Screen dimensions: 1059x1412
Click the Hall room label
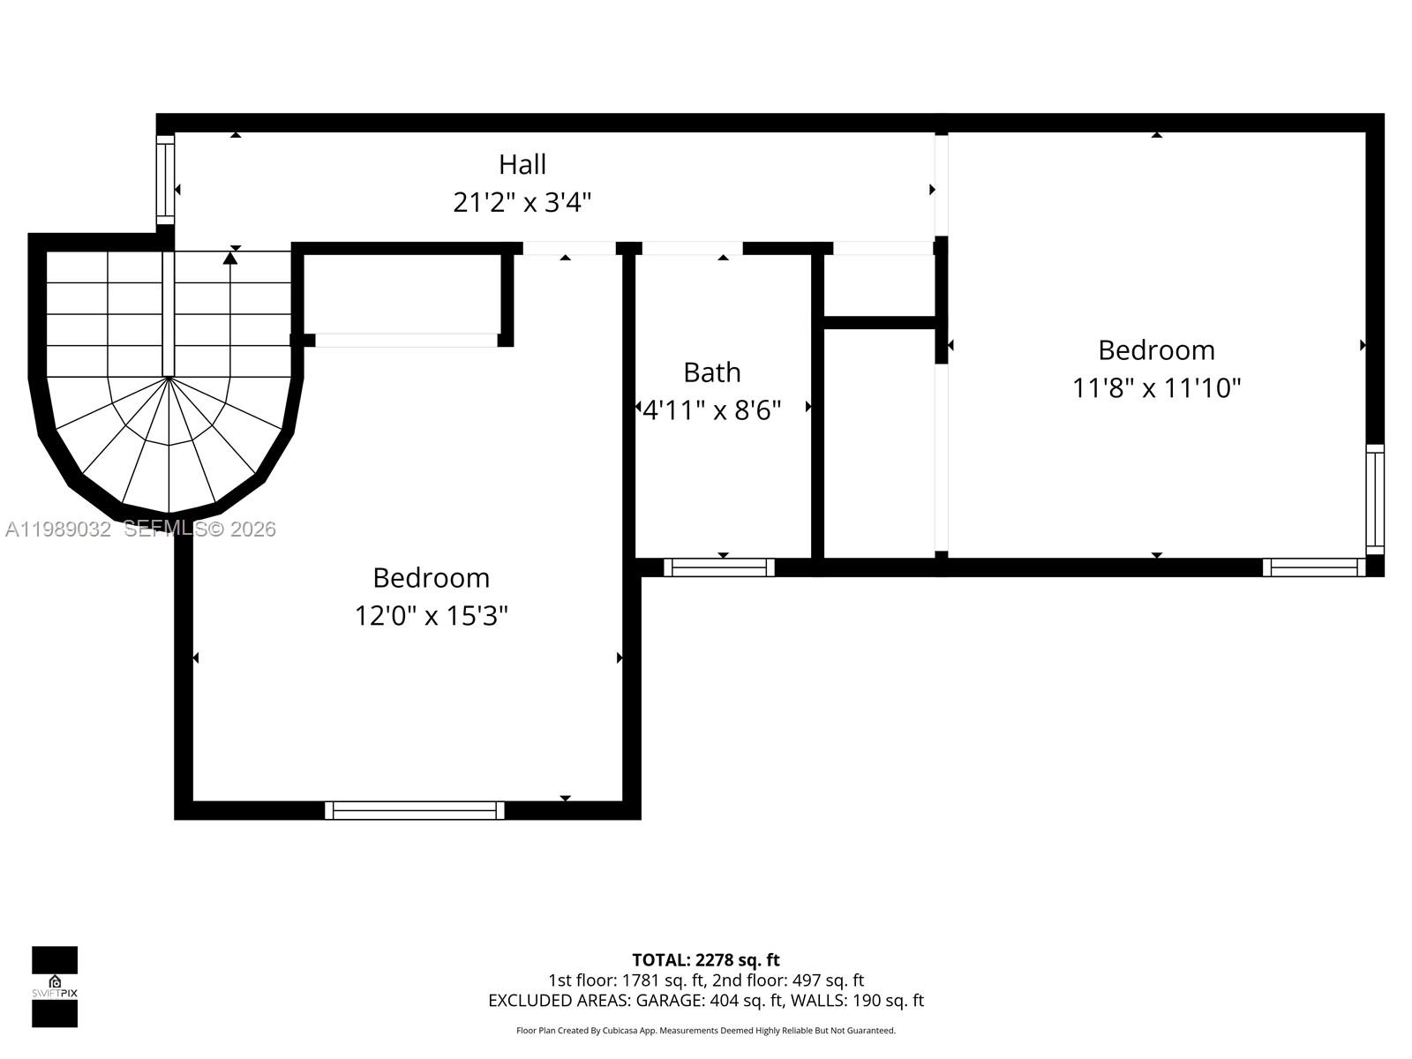(x=522, y=164)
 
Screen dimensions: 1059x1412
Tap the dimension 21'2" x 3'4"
(x=522, y=202)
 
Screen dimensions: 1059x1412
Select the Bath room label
(x=711, y=372)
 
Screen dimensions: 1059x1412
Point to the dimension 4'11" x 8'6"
(x=711, y=410)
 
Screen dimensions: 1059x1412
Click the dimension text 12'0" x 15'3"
(x=431, y=615)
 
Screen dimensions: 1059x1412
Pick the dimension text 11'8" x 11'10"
(x=1156, y=388)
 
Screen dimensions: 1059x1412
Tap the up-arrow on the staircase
(x=230, y=258)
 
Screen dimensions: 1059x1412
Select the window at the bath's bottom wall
(x=718, y=567)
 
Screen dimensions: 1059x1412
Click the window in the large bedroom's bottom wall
(x=414, y=810)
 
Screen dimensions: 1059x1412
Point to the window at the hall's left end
(x=165, y=180)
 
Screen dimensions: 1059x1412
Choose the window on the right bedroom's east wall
(x=1374, y=499)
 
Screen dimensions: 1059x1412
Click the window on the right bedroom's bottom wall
(x=1314, y=567)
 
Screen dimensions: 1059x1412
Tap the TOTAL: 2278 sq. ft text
(x=705, y=960)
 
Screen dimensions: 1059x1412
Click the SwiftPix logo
(x=55, y=987)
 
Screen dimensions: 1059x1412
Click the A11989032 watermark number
(x=58, y=529)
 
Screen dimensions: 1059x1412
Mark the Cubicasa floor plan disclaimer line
(x=705, y=1031)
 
